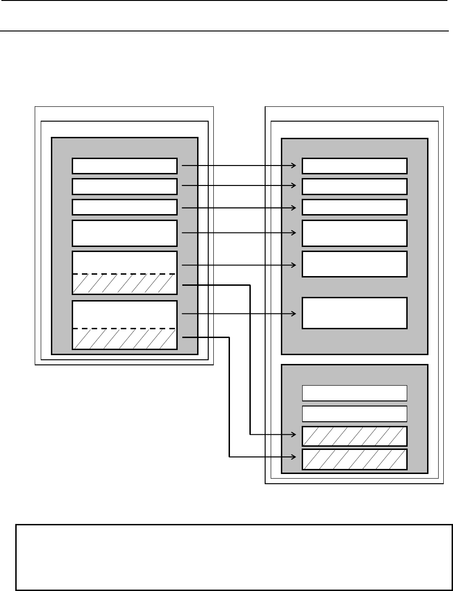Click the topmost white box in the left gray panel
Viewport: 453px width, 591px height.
click(x=124, y=165)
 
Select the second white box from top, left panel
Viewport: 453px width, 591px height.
click(x=124, y=186)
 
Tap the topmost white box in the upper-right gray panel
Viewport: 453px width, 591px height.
click(x=354, y=165)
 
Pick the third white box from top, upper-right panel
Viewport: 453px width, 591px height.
click(x=354, y=207)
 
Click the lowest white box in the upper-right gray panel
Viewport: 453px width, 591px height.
click(x=354, y=313)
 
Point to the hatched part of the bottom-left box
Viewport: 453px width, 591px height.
click(x=124, y=339)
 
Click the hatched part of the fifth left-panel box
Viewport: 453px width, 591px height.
click(x=124, y=284)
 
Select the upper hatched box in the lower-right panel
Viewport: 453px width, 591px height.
click(x=354, y=436)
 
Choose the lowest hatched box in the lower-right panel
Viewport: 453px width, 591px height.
click(x=354, y=458)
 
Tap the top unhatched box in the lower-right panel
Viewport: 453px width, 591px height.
click(x=354, y=393)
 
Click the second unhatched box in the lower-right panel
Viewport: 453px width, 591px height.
click(x=354, y=413)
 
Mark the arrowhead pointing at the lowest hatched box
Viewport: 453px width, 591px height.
click(x=293, y=457)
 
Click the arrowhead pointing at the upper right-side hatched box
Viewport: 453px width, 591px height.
click(x=293, y=435)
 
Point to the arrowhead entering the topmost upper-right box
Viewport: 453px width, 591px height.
click(x=293, y=165)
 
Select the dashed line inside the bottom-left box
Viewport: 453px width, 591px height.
click(x=124, y=328)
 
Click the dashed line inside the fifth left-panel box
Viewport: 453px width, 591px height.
click(x=124, y=274)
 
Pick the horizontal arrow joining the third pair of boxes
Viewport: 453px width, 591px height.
click(x=238, y=208)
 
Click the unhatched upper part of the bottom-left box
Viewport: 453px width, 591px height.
click(x=124, y=314)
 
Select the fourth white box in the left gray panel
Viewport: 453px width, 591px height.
click(x=124, y=233)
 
